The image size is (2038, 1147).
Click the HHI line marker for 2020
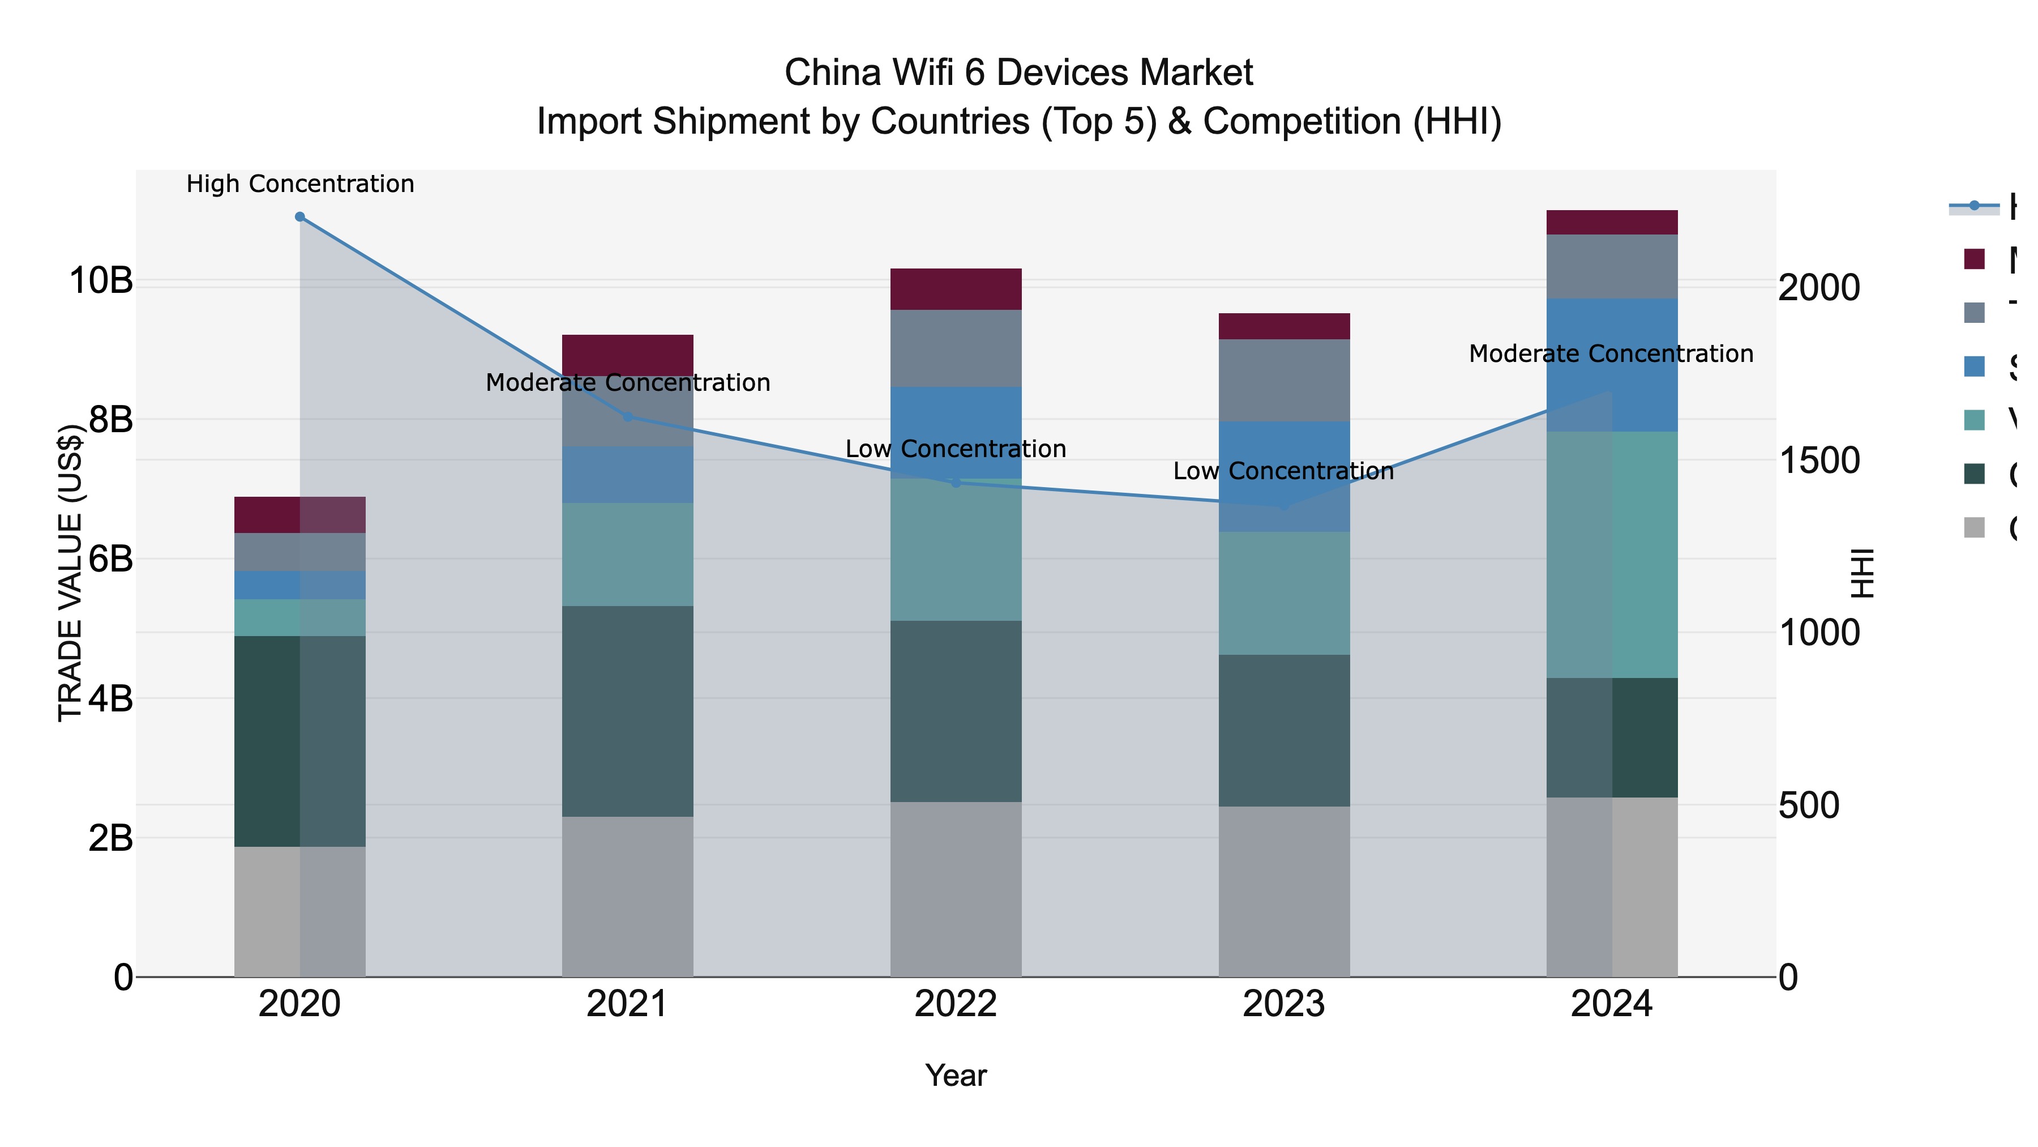pos(300,217)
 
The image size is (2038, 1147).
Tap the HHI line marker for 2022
pos(956,482)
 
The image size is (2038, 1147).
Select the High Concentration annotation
pos(300,185)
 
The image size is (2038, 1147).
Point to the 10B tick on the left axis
pos(100,281)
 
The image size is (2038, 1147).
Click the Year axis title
pos(956,1076)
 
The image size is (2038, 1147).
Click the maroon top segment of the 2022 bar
pos(956,289)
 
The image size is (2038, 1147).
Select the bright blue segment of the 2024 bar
pos(1612,365)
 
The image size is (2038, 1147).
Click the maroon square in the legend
pos(1975,259)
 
